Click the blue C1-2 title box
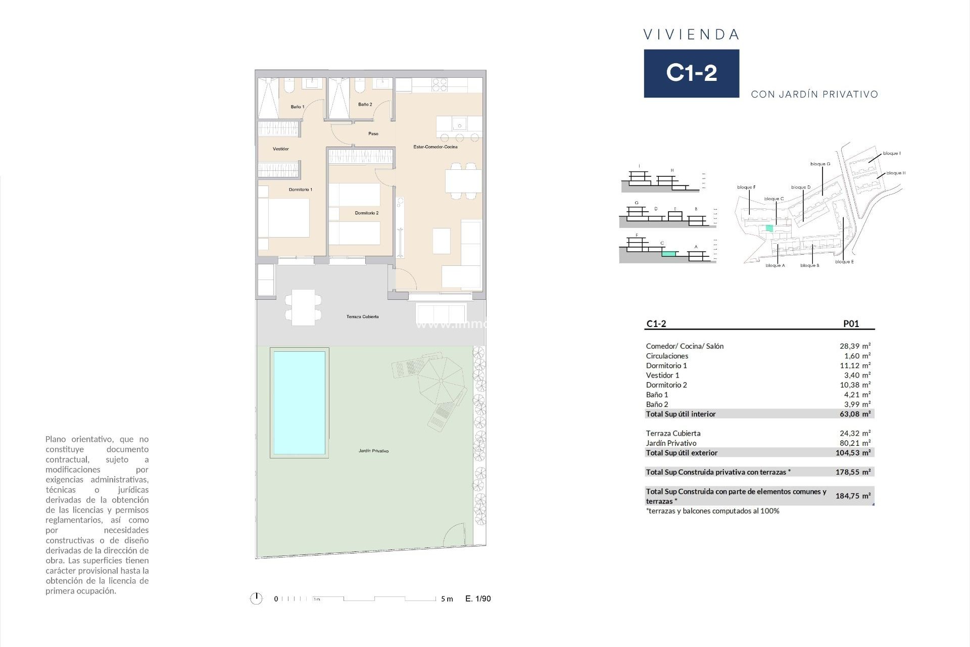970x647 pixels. tap(691, 73)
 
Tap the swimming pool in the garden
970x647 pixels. tap(299, 402)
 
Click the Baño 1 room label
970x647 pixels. tap(297, 107)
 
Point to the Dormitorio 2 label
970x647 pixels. tap(366, 213)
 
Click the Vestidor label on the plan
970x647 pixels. tap(280, 149)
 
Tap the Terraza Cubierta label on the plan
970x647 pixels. tap(362, 316)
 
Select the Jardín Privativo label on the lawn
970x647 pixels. tap(373, 450)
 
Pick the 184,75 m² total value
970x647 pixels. tap(853, 496)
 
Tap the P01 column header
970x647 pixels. tap(851, 324)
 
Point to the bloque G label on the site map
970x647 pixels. tap(820, 164)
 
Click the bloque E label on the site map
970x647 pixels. tap(844, 262)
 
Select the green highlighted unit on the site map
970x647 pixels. tap(769, 228)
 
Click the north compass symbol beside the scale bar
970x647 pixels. tap(257, 598)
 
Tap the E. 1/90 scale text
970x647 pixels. tap(478, 598)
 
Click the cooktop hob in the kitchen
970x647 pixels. tap(440, 84)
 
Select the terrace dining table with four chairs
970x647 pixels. tap(303, 307)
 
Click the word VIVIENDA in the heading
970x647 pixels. tap(691, 34)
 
